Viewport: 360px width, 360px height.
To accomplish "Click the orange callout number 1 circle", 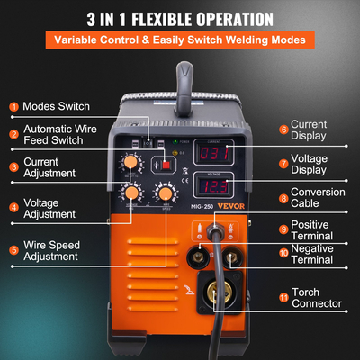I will click(13, 106).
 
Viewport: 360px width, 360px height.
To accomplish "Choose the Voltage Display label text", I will click(316, 164).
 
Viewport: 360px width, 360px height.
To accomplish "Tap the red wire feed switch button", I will click(166, 166).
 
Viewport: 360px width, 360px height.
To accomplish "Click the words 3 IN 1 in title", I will click(112, 19).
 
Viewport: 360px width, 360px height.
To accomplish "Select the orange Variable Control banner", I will click(180, 41).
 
